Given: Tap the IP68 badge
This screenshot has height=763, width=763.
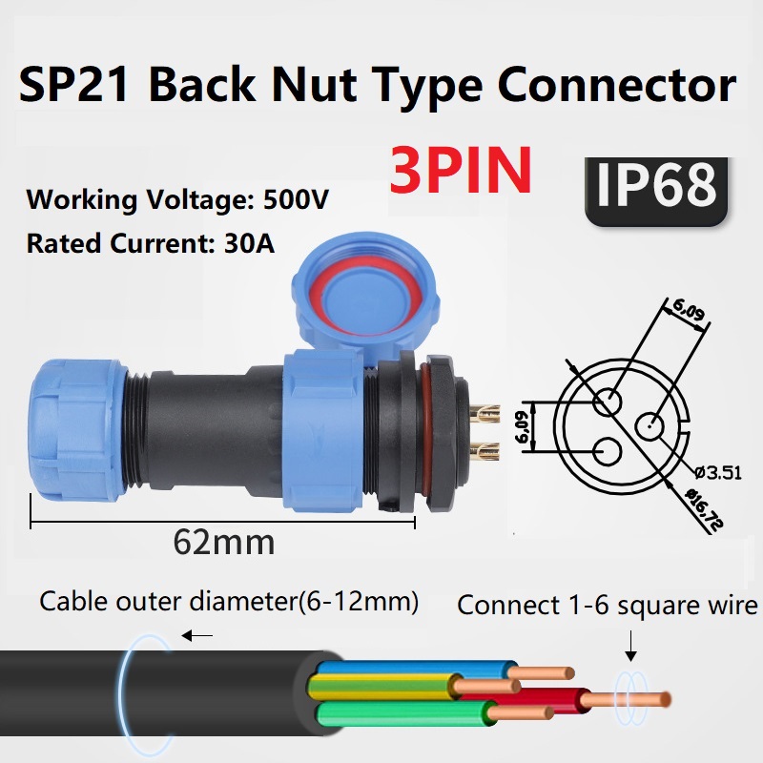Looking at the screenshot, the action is point(656,192).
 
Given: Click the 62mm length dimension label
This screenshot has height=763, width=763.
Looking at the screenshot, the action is point(224,542).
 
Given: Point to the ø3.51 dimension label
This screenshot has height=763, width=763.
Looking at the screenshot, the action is point(718,472).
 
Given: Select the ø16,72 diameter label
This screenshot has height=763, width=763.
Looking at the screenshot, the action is point(704,509).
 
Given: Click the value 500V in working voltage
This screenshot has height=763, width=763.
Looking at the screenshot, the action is point(296,199).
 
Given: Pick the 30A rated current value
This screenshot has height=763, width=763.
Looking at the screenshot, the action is point(249,243).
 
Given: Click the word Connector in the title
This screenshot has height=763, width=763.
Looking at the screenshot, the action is point(616,85).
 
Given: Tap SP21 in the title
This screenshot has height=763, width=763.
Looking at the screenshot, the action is point(74,85).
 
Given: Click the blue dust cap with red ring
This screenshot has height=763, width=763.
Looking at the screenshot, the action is point(365,297).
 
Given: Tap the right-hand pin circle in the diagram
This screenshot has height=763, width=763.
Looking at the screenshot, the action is point(650,426).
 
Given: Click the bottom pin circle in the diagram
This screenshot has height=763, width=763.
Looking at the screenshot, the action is point(608,451).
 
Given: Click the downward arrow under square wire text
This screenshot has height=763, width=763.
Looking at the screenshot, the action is point(630,646).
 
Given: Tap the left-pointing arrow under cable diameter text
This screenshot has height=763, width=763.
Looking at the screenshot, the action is point(196,635).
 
